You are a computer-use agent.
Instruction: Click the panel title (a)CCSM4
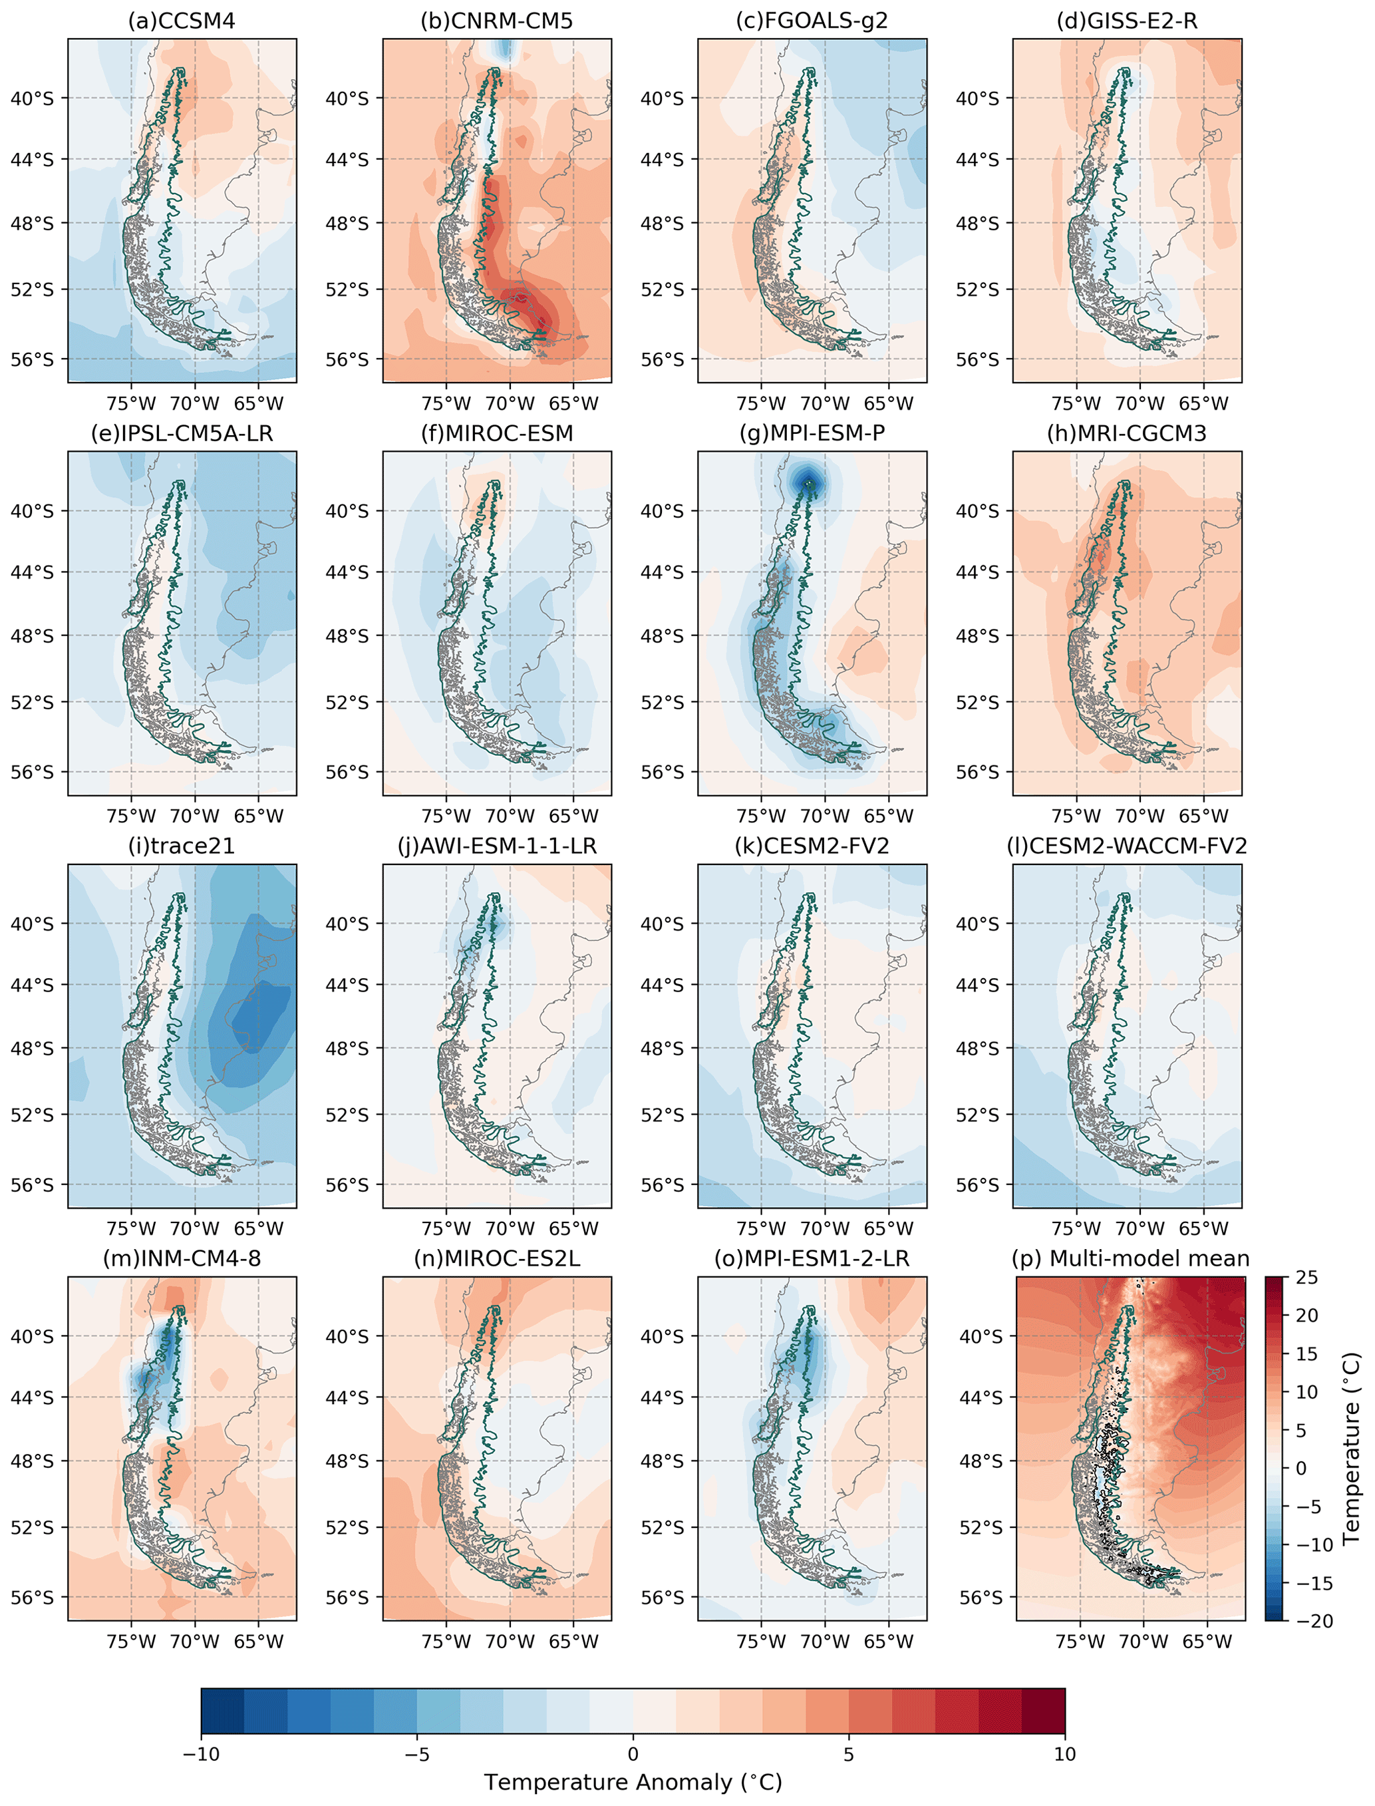[182, 21]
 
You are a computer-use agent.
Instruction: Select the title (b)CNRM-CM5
[496, 21]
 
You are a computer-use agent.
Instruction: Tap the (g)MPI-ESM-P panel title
[812, 433]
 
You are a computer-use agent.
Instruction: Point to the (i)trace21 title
[182, 846]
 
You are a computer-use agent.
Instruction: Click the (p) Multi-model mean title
[1130, 1258]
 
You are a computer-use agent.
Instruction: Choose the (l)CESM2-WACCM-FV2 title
[1126, 846]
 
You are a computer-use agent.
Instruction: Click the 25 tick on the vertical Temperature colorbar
[1306, 1277]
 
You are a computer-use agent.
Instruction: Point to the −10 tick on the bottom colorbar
[202, 1753]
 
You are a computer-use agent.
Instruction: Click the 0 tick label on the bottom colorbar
[633, 1753]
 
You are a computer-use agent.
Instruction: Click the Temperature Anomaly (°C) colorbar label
[633, 1782]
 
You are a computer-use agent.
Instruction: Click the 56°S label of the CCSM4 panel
[32, 359]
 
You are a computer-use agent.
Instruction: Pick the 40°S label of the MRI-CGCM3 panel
[977, 511]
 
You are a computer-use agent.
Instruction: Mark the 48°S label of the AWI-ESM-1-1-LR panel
[347, 1048]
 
